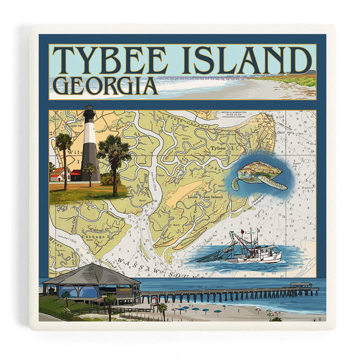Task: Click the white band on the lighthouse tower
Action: tap(89, 133)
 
